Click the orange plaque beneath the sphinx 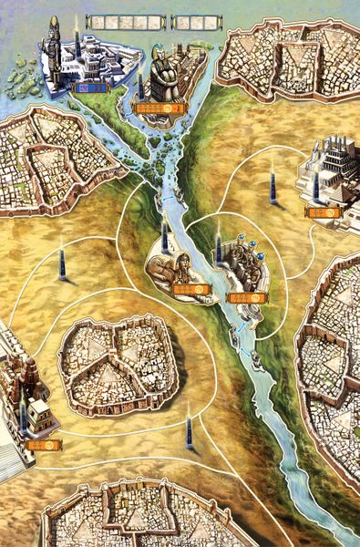(192, 290)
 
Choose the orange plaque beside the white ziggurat (323, 212)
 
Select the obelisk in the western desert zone (61, 262)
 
